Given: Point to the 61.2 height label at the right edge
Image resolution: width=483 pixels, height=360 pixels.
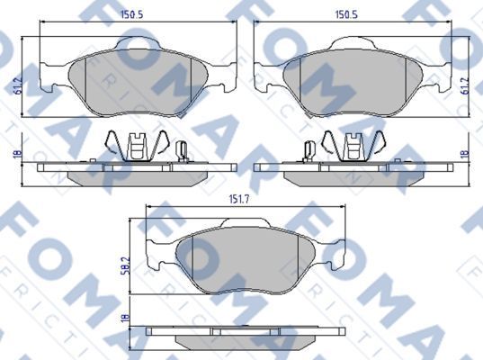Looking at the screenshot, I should click(464, 86).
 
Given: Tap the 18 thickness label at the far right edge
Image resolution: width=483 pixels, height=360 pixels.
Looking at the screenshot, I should click(464, 155).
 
